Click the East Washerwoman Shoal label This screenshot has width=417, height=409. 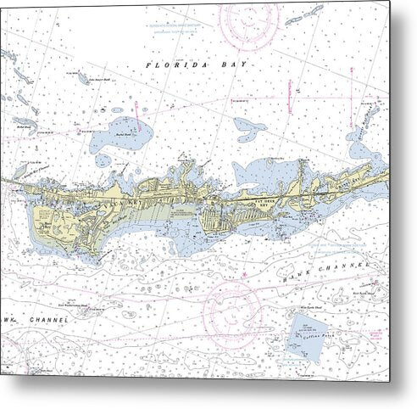click(x=75, y=304)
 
